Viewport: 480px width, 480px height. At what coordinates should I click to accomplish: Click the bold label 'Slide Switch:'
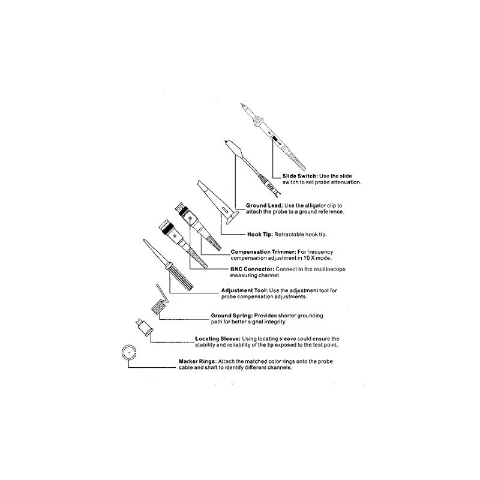(300, 176)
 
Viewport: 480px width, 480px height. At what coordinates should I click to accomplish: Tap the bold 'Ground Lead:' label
(265, 206)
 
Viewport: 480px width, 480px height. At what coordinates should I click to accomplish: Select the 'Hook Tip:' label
(260, 235)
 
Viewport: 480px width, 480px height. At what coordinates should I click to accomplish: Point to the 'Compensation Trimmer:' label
(263, 252)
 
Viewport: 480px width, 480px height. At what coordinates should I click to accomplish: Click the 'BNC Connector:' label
(252, 269)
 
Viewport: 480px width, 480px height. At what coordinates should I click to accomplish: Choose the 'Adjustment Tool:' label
(245, 290)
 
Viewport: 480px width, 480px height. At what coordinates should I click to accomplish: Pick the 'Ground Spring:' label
(232, 316)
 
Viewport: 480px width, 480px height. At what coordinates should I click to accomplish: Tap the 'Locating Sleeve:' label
(218, 339)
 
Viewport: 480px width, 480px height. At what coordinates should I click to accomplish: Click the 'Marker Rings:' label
(198, 362)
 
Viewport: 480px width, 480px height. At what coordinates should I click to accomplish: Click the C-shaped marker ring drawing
(122, 353)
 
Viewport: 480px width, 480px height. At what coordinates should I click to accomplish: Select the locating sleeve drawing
(144, 327)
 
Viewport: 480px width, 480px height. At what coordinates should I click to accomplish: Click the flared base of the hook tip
(232, 217)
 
